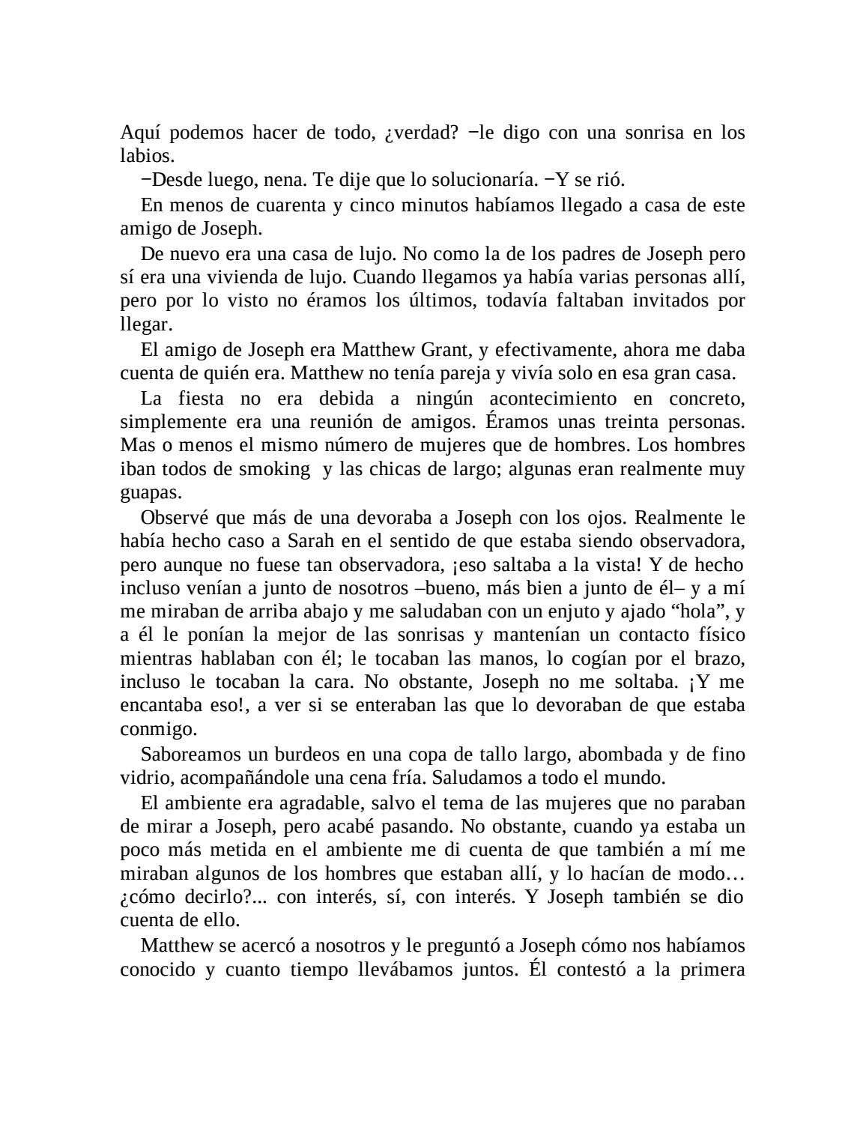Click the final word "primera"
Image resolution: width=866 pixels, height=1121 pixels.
[x=712, y=970]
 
